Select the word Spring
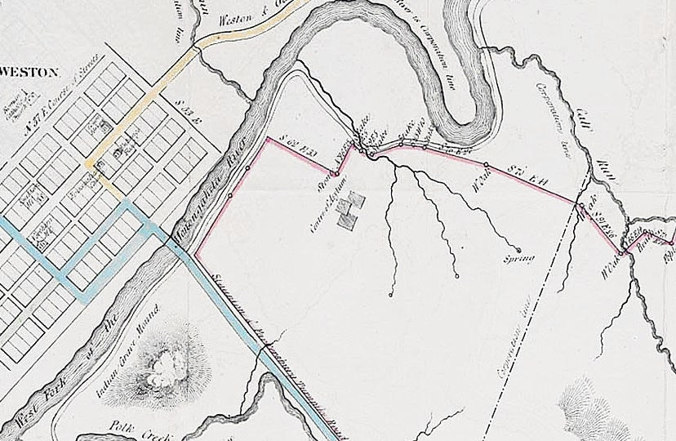pyautogui.click(x=519, y=260)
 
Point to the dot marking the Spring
pyautogui.click(x=518, y=249)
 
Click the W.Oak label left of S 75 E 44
pyautogui.click(x=483, y=180)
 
